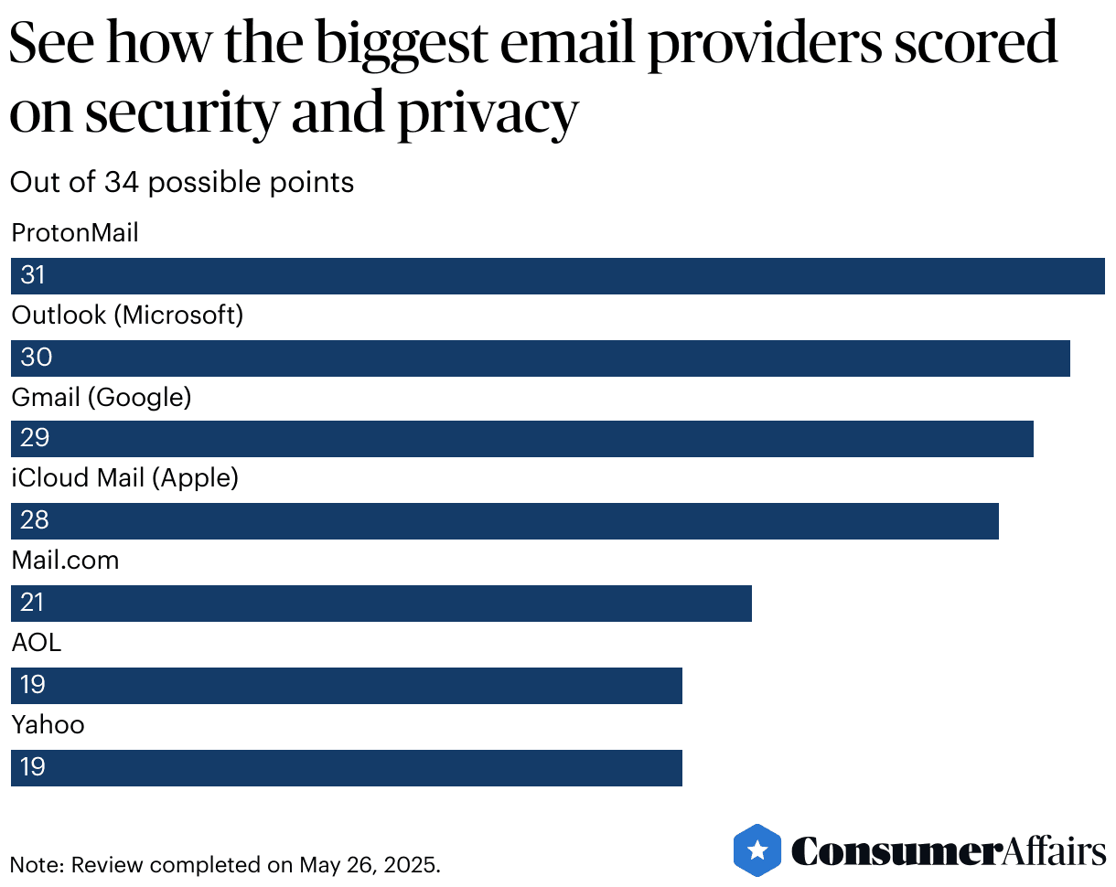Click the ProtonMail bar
[x=558, y=276]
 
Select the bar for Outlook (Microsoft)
[x=540, y=358]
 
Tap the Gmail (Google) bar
[x=521, y=439]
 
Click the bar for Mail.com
[x=381, y=604]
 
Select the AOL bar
[x=347, y=686]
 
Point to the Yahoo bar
[x=347, y=768]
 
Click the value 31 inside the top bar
[x=33, y=275]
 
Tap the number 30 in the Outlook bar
[x=36, y=358]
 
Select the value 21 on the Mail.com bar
[x=33, y=604]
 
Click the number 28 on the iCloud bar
[x=35, y=521]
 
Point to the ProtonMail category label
[x=75, y=233]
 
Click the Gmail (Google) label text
[x=101, y=398]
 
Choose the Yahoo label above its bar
[x=48, y=725]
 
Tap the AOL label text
[x=37, y=643]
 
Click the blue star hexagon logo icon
[x=757, y=850]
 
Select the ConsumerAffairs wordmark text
[x=949, y=851]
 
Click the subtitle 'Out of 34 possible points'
[x=182, y=183]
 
